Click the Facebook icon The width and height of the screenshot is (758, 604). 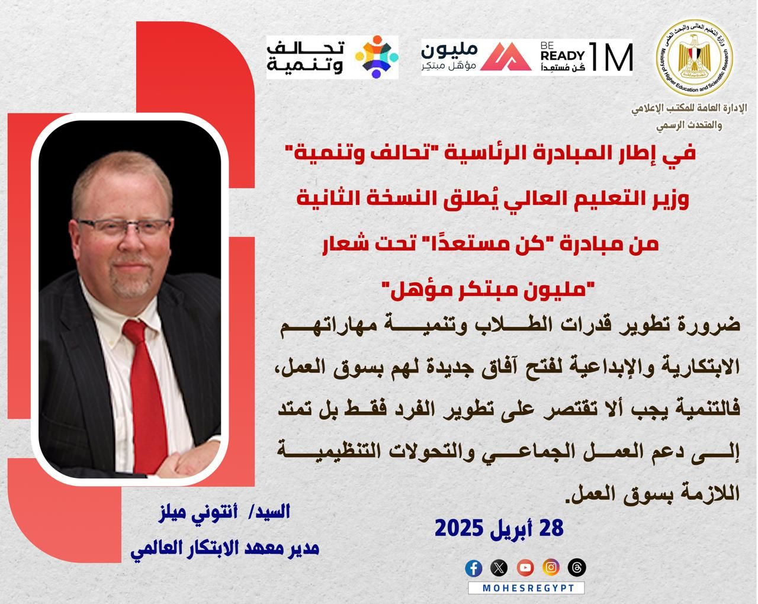[x=474, y=568]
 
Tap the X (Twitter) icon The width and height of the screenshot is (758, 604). [x=499, y=568]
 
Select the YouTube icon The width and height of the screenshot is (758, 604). [x=525, y=568]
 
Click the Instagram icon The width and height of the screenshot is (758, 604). [x=551, y=568]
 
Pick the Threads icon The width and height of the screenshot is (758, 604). [x=577, y=568]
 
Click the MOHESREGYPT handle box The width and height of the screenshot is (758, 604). [x=526, y=588]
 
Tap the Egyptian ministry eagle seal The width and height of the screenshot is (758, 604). [x=694, y=58]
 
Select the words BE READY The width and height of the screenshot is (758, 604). [x=563, y=52]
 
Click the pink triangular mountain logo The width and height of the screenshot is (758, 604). [x=506, y=57]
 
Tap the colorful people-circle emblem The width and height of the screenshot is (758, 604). [x=377, y=57]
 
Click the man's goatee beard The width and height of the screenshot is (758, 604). [x=132, y=285]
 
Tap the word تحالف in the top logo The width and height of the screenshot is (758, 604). [x=305, y=48]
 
